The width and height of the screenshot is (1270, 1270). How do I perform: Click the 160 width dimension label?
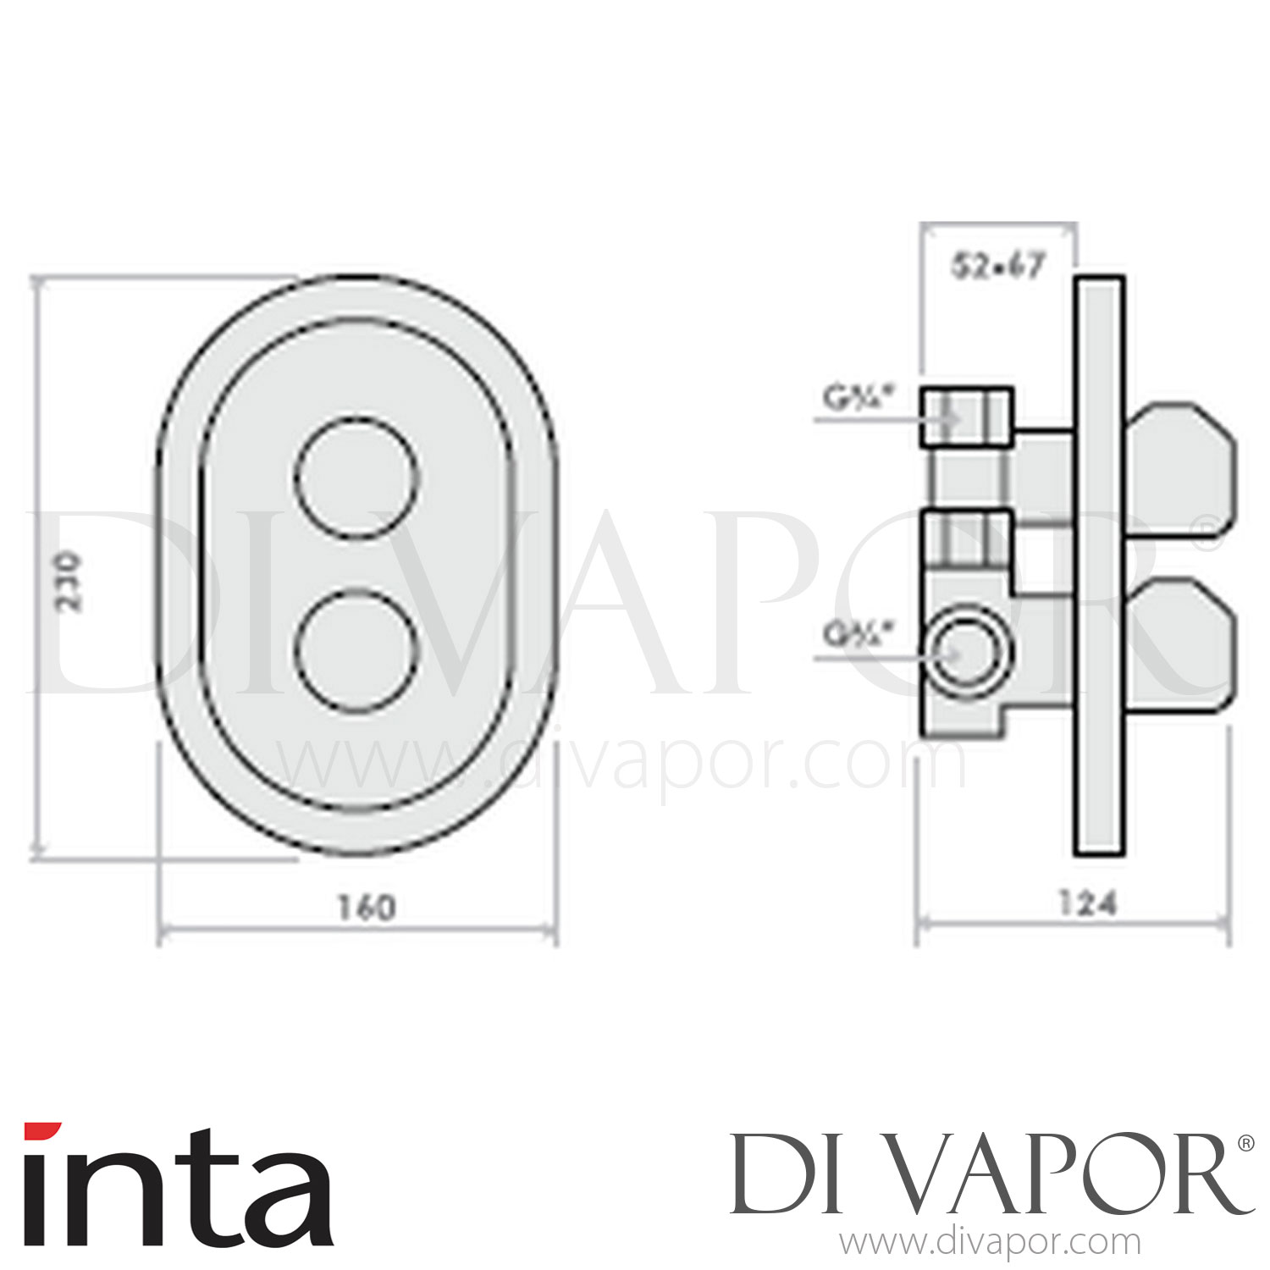coord(366,908)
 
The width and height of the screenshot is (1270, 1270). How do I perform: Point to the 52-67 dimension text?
coord(999,267)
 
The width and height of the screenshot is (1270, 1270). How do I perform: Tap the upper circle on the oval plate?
coord(357,478)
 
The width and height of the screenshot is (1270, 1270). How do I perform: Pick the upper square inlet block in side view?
coord(966,417)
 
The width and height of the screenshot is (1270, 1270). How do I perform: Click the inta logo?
coord(177,1185)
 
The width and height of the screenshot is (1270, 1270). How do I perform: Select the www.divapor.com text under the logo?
coord(989,1243)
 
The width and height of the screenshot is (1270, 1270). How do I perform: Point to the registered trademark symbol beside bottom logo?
coord(1245,1143)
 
